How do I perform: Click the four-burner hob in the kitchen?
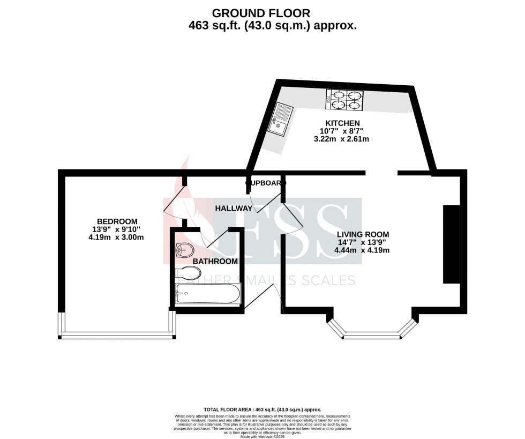coord(343,100)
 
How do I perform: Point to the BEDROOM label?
coord(117,221)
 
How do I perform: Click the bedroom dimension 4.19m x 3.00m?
coord(117,237)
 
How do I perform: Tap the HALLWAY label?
coord(234,208)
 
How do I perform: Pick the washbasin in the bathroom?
coord(185,249)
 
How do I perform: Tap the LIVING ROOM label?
coord(363,234)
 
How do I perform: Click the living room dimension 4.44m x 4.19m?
coord(363,250)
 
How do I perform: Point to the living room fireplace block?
coord(451,244)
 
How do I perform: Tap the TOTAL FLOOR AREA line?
coord(262,409)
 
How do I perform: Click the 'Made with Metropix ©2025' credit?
coord(262,437)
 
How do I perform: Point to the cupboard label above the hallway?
coord(265,183)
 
